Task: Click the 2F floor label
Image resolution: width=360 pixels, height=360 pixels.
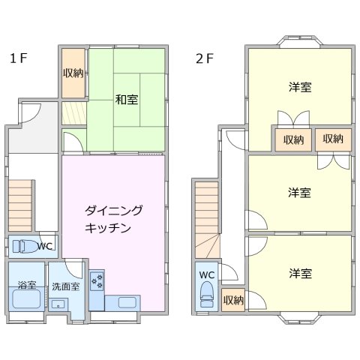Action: pos(204,58)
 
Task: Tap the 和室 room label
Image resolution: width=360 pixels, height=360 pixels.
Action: pos(126,99)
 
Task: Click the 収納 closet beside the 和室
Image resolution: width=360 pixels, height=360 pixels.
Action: pos(73,73)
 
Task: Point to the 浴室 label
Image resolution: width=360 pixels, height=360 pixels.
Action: pos(26,286)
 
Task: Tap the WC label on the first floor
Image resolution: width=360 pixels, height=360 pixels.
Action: pos(45,245)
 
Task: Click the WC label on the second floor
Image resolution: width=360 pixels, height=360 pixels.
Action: pos(207,274)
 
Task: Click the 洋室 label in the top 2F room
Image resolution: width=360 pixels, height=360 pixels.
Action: pos(300,87)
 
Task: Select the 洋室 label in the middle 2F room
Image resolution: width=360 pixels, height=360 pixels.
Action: pos(300,193)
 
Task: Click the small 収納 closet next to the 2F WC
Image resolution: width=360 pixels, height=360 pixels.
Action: pos(233,299)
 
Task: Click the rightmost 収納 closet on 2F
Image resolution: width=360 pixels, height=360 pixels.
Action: pos(334,139)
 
